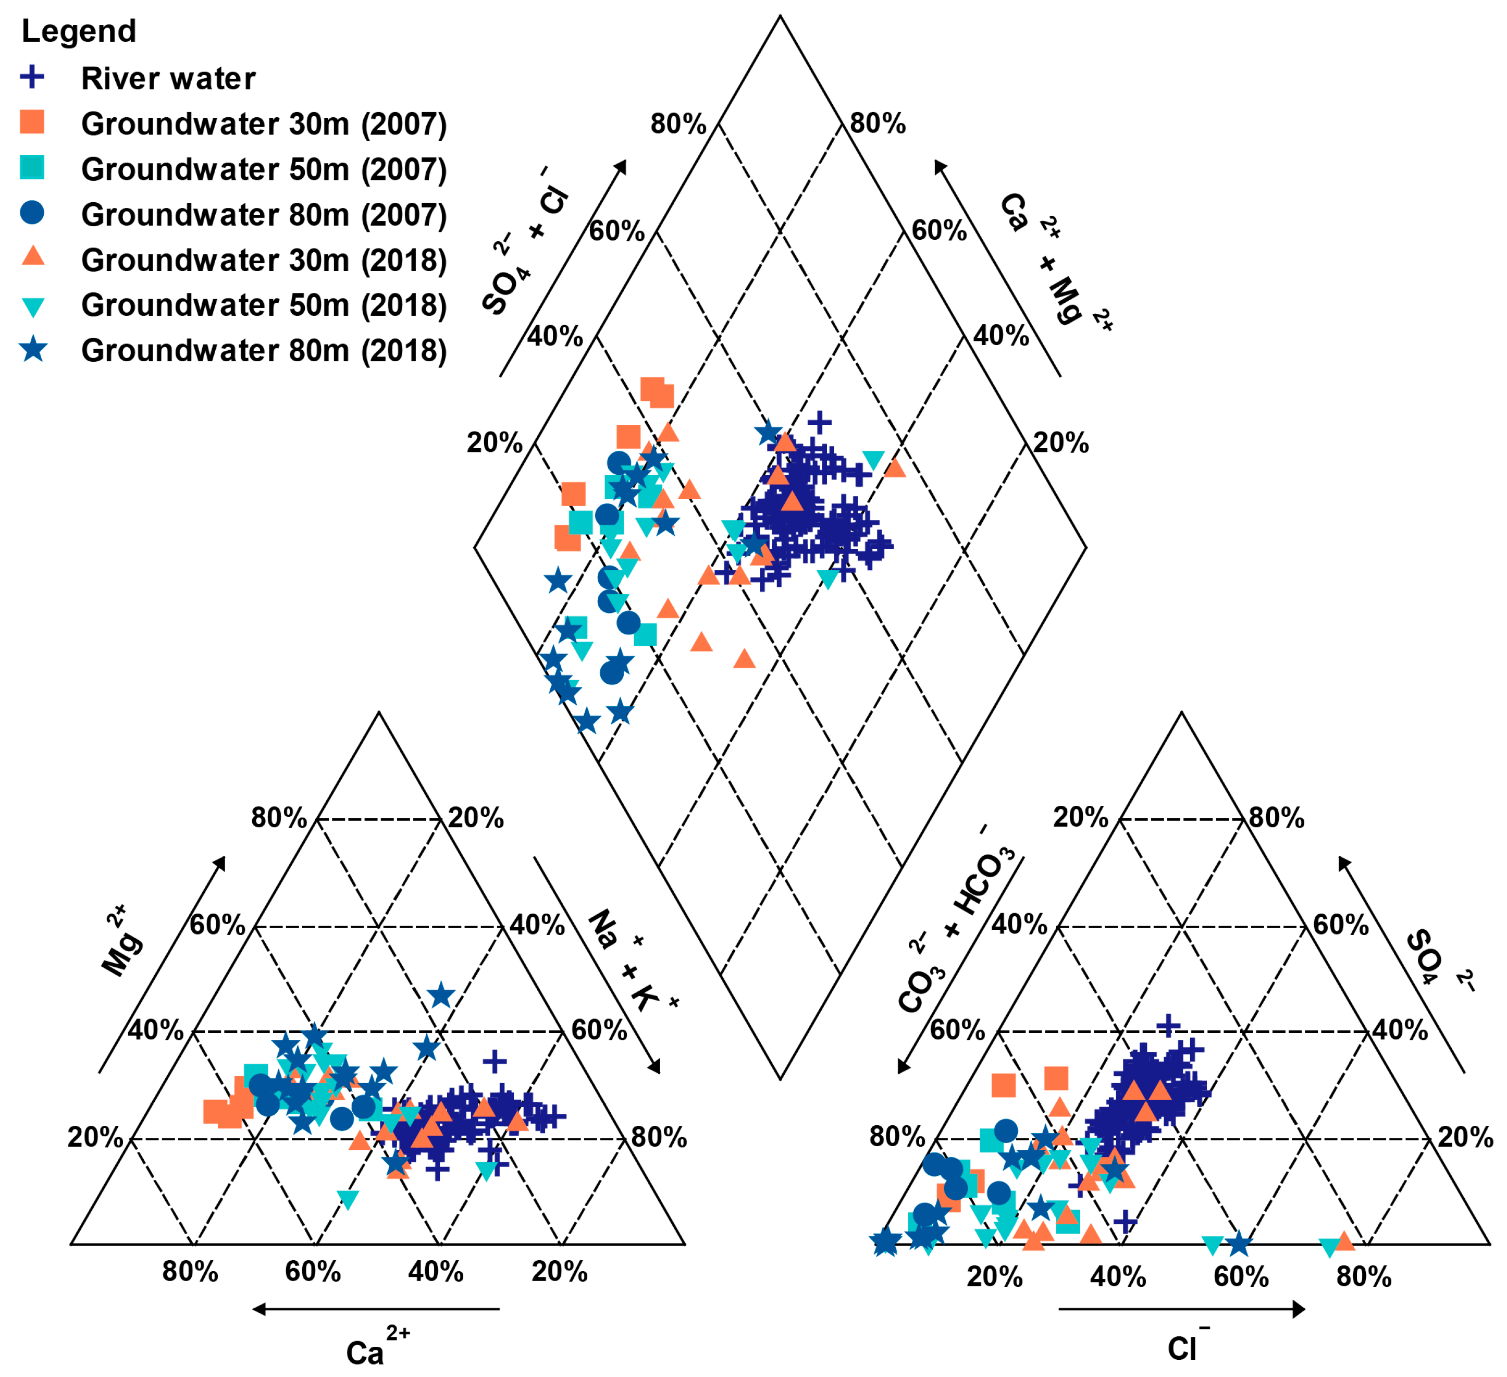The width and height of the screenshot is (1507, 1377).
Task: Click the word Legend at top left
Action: [x=79, y=31]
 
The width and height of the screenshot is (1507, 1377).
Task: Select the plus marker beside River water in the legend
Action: [x=32, y=77]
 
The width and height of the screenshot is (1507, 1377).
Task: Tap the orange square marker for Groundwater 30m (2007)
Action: [x=32, y=122]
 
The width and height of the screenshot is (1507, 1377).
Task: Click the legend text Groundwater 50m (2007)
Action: [x=263, y=170]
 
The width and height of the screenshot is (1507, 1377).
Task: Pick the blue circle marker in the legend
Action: [x=32, y=213]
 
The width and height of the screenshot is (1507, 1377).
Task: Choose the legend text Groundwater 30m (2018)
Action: [x=263, y=260]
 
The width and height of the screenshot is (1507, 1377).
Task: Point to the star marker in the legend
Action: [x=34, y=350]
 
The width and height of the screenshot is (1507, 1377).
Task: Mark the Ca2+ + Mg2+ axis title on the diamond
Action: [x=1054, y=258]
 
